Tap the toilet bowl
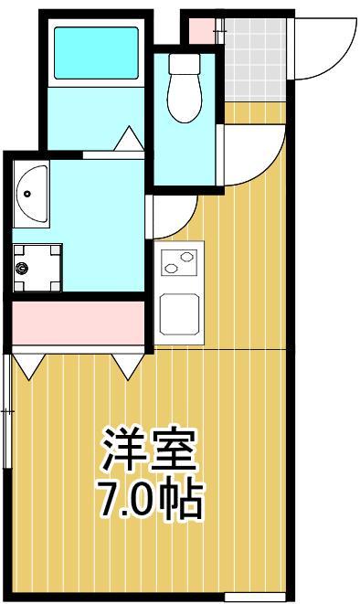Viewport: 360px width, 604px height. point(184,98)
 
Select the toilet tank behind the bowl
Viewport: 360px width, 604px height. point(185,65)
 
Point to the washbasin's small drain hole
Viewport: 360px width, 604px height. point(27,193)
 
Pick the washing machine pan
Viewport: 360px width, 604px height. point(37,268)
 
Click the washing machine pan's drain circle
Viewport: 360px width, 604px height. point(24,269)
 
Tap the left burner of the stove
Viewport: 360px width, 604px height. point(169,266)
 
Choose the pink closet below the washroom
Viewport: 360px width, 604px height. point(79,321)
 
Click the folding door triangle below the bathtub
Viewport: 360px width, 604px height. point(128,142)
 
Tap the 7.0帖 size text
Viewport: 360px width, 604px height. point(150,499)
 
